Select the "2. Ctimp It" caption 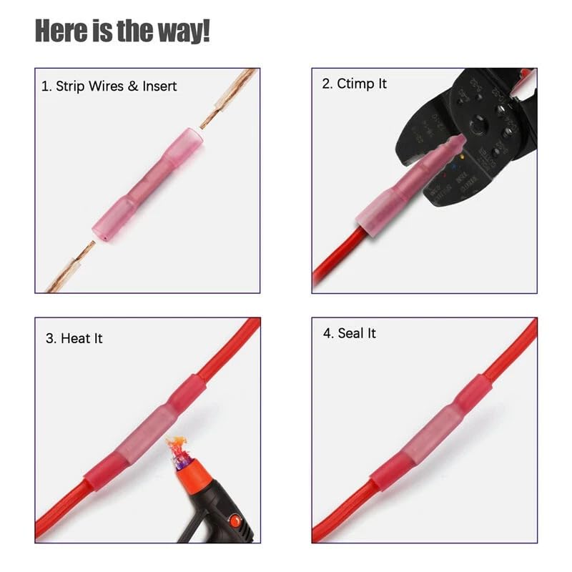(354, 84)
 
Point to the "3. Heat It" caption (74, 337)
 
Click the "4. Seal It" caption (349, 333)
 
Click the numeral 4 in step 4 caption (327, 333)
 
